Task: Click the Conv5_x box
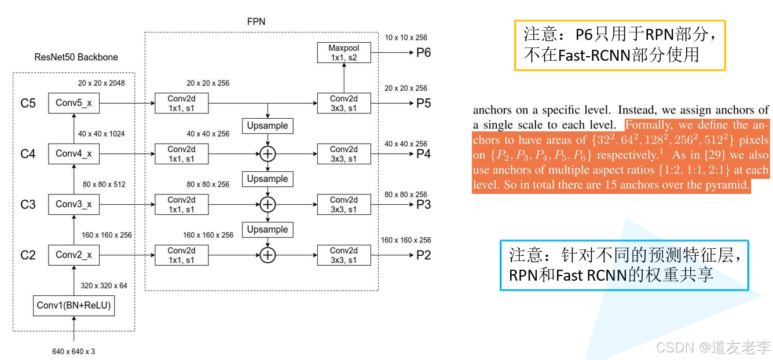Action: [x=74, y=103]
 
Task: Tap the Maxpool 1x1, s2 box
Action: [x=344, y=53]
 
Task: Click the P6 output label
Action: [x=423, y=53]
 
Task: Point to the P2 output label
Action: [x=423, y=255]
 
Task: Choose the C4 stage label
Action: [x=28, y=154]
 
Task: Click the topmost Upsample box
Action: [x=268, y=126]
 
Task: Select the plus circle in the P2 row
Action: [x=268, y=255]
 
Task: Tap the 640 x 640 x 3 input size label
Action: [x=73, y=351]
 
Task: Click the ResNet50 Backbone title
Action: [x=76, y=57]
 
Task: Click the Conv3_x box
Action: [x=74, y=204]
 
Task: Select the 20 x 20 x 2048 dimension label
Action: [x=101, y=83]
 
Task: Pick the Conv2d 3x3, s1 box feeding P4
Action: [x=344, y=153]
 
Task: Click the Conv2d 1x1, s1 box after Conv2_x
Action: [x=182, y=255]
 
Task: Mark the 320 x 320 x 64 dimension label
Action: [x=105, y=285]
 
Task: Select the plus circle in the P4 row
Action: [x=268, y=153]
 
